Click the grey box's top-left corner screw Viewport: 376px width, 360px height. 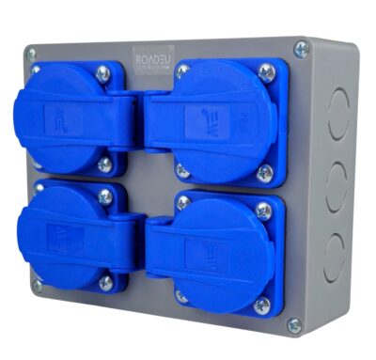coord(31,55)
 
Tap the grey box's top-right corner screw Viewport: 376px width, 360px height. coord(302,49)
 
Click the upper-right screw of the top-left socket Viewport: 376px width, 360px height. coord(102,73)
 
